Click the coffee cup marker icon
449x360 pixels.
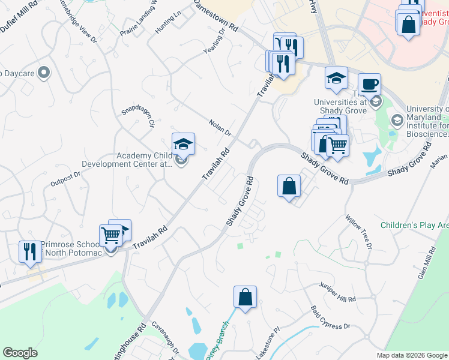click(369, 83)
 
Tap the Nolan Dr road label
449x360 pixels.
click(220, 128)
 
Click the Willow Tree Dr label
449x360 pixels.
click(359, 233)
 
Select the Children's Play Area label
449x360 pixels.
click(414, 226)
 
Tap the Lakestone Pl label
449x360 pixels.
click(268, 344)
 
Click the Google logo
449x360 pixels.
click(20, 353)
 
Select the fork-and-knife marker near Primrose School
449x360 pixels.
click(28, 251)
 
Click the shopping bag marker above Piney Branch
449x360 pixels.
click(246, 296)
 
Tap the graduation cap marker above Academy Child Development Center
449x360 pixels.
click(183, 143)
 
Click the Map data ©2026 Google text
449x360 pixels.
click(411, 355)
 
